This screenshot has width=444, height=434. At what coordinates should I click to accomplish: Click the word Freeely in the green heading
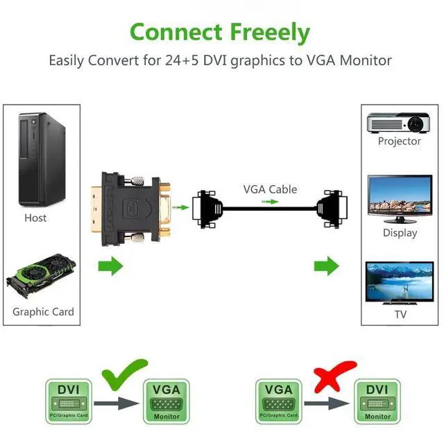coord(270,33)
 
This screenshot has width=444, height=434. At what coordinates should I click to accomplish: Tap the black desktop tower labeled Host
coord(42,159)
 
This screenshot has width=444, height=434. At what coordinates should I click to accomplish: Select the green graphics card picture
coord(41,275)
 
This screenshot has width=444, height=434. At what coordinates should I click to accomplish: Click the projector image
coord(399,123)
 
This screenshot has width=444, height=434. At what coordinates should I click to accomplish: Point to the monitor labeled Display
coord(400,199)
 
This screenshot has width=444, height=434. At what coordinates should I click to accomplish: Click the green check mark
coord(124,374)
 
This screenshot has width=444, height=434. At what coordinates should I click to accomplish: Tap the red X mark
coord(334,376)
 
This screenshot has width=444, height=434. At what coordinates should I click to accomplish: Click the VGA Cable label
coord(270,189)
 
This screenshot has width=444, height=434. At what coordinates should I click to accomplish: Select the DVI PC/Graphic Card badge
coord(69,401)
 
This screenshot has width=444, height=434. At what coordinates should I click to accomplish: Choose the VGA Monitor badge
coord(166,401)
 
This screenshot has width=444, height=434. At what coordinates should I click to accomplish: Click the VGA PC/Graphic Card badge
coord(279,401)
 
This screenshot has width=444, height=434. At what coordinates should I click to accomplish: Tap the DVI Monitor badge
coord(377,401)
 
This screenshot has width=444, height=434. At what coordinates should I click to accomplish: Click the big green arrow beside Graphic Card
coord(111,266)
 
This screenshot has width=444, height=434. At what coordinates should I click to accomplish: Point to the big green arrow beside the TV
coord(327,266)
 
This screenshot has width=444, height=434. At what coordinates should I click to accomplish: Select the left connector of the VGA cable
coord(207,209)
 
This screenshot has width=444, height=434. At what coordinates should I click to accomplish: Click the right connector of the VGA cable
coord(332,209)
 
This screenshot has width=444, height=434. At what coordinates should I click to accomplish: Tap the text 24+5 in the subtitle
coord(182,60)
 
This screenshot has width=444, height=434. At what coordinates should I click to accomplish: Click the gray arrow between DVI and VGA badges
coord(117,403)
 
